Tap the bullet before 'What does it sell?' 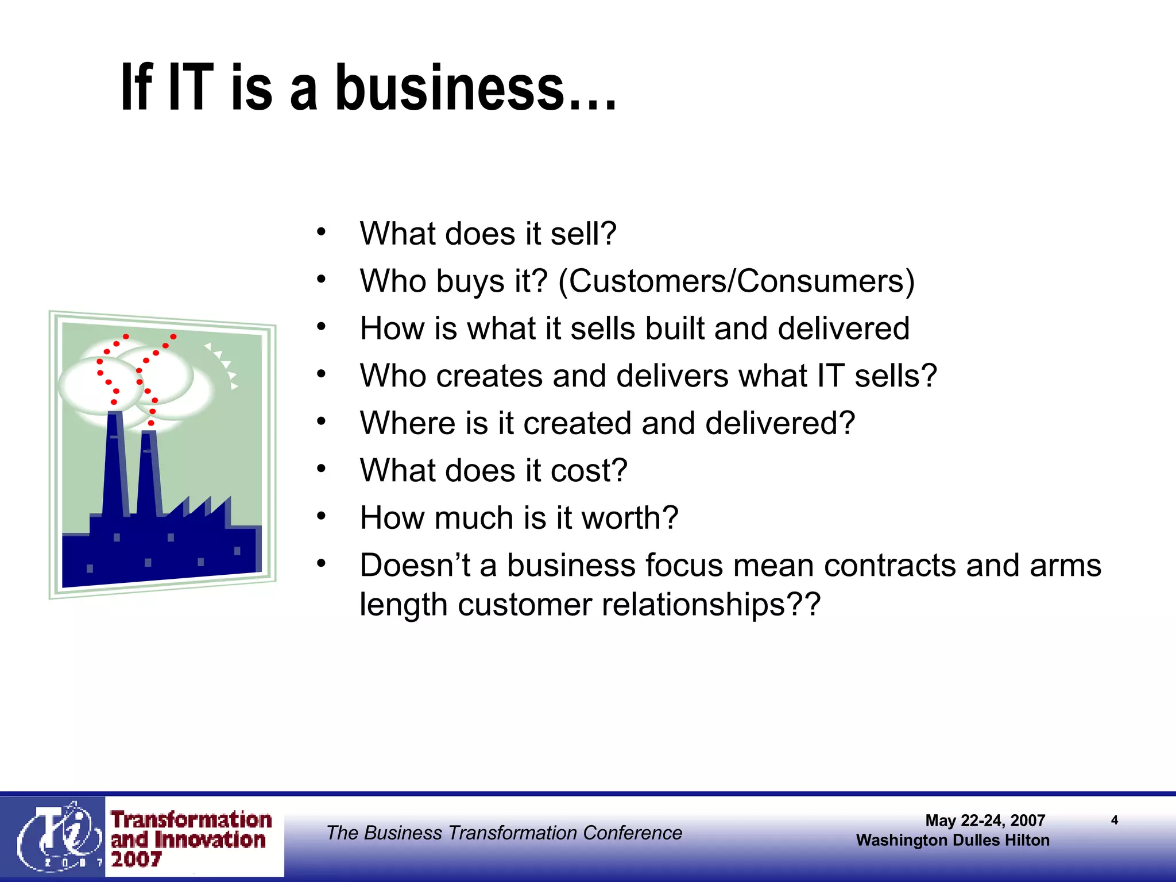pos(322,233)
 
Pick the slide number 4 pos(1114,820)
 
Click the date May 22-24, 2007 pos(985,821)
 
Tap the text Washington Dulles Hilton pos(953,840)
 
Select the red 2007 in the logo pos(137,860)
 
